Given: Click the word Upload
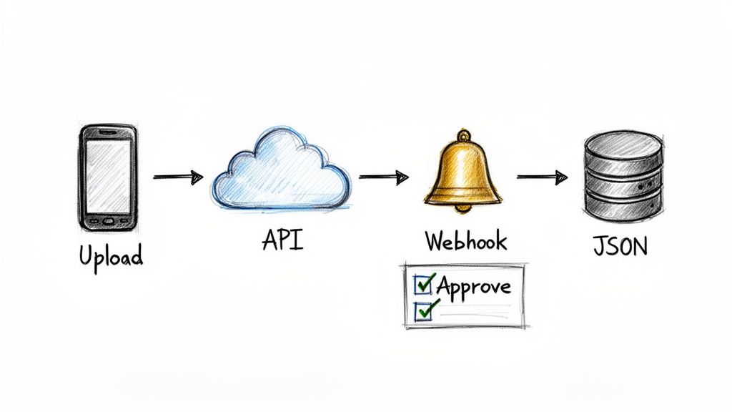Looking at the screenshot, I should coord(111,255).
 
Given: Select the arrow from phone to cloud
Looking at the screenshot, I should coord(178,177).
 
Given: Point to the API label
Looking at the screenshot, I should coord(282,240).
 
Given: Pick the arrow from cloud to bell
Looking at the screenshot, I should coord(383,177).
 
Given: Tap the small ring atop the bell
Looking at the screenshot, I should coord(465,134).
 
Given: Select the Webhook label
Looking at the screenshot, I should coord(466,241).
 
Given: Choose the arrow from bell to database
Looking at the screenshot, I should coord(542,177).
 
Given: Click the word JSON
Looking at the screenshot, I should coord(620,246).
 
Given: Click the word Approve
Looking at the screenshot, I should coord(473,286).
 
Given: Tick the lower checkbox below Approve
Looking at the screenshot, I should coord(423,310).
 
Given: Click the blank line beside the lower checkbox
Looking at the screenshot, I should coord(475,310).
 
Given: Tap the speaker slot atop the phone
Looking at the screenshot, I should coord(109,133).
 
